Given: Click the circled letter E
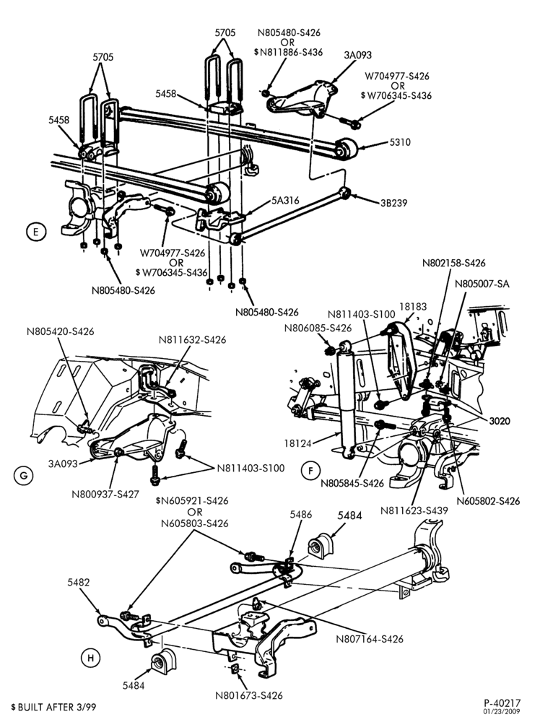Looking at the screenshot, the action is [x=36, y=231].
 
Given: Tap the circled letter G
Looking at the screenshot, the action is [x=24, y=476].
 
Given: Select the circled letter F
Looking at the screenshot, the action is [x=310, y=471].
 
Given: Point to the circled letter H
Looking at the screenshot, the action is [x=90, y=658].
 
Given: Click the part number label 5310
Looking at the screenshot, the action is [x=400, y=142].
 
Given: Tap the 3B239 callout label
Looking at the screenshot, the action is [x=393, y=203].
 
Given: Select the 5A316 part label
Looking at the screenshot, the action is [x=285, y=200].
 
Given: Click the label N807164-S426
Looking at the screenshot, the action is [x=369, y=639].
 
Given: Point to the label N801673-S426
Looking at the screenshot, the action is [x=248, y=695].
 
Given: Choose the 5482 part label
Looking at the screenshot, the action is [x=78, y=583].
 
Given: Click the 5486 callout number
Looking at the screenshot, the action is [x=300, y=514].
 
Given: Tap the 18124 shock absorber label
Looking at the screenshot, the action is [x=297, y=443].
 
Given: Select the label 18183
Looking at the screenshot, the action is [x=412, y=306].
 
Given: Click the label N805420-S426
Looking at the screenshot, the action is [x=60, y=331].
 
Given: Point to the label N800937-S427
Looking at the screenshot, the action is [x=105, y=495].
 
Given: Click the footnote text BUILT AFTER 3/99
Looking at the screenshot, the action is [x=56, y=707].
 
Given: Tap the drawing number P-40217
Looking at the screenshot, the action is [x=502, y=703].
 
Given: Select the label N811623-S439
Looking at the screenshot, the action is [x=414, y=510].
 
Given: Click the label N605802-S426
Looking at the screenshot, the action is [x=489, y=501].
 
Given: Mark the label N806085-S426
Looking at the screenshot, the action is [x=318, y=329].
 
